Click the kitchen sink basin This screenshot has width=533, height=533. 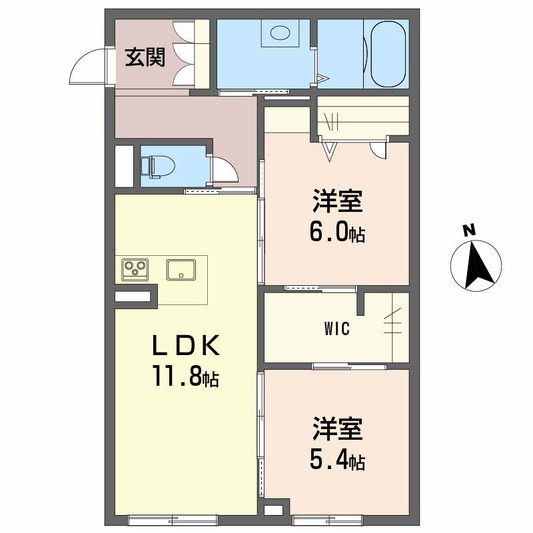[x=181, y=270]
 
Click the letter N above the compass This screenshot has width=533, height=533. [x=470, y=230]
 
